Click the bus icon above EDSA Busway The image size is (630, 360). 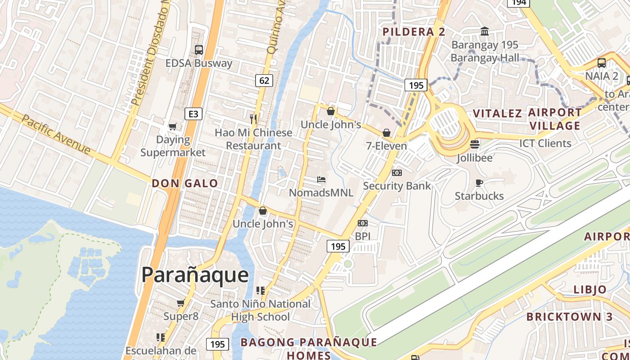[x=198, y=49]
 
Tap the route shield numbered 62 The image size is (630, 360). [x=264, y=81]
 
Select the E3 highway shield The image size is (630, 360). [x=193, y=114]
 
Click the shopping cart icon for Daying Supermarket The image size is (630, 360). [x=172, y=127]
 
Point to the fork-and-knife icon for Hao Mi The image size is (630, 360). [x=253, y=119]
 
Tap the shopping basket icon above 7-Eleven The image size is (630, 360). [x=386, y=133]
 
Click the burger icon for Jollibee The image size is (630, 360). [x=475, y=144]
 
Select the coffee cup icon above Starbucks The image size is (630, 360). [x=479, y=183]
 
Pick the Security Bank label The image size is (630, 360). [x=397, y=186]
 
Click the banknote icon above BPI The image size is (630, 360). [x=363, y=223]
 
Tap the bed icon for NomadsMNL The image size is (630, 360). [x=321, y=180]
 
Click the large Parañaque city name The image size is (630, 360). [x=195, y=274]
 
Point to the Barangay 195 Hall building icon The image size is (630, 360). [x=485, y=31]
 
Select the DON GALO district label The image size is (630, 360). [x=184, y=183]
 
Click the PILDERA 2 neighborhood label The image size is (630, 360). [x=414, y=31]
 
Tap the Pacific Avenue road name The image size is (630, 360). [x=56, y=134]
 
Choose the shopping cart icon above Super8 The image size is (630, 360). [x=181, y=303]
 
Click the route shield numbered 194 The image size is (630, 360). [x=519, y=3]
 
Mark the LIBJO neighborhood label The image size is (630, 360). [x=590, y=289]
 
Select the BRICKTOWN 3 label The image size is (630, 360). [x=570, y=316]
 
